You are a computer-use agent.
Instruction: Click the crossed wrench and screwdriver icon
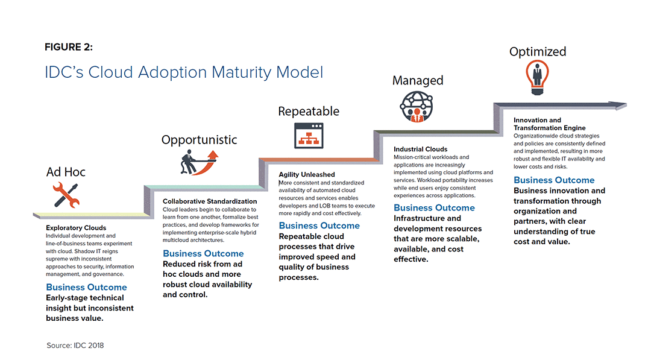coord(66,195)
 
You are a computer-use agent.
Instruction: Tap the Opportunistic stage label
coord(200,140)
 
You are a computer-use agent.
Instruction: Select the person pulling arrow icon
coord(199,162)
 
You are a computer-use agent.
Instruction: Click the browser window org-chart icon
coord(309,136)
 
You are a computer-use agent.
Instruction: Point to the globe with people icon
coord(417,107)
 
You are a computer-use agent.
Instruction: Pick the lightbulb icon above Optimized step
coord(537,78)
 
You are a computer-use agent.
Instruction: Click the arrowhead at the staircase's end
coord(620,105)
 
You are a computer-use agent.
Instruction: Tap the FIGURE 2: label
coord(69,47)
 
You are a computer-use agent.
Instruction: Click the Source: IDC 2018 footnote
coord(75,346)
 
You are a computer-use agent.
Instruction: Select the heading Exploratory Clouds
coord(76,227)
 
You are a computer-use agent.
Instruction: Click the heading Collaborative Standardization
coord(210,201)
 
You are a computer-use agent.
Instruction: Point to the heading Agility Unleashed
coord(307,175)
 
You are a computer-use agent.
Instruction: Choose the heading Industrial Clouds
coord(421,149)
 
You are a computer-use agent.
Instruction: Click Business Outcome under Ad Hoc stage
coord(86,287)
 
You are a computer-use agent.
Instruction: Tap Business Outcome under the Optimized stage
coord(554,180)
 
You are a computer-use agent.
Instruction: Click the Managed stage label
coord(418,80)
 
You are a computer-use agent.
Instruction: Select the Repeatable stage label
coord(309,112)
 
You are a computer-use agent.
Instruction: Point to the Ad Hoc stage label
coord(66,172)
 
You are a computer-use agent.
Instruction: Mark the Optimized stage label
coord(538,52)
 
